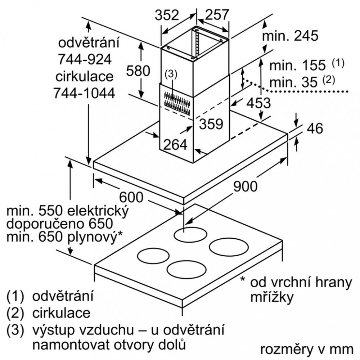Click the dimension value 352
click(x=167, y=15)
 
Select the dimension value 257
click(x=217, y=15)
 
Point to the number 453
click(x=258, y=103)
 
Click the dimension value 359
click(x=211, y=124)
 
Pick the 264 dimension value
click(x=175, y=145)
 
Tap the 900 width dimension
click(x=246, y=186)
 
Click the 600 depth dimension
click(x=131, y=197)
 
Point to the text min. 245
click(x=290, y=36)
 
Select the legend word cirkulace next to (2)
click(x=61, y=312)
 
